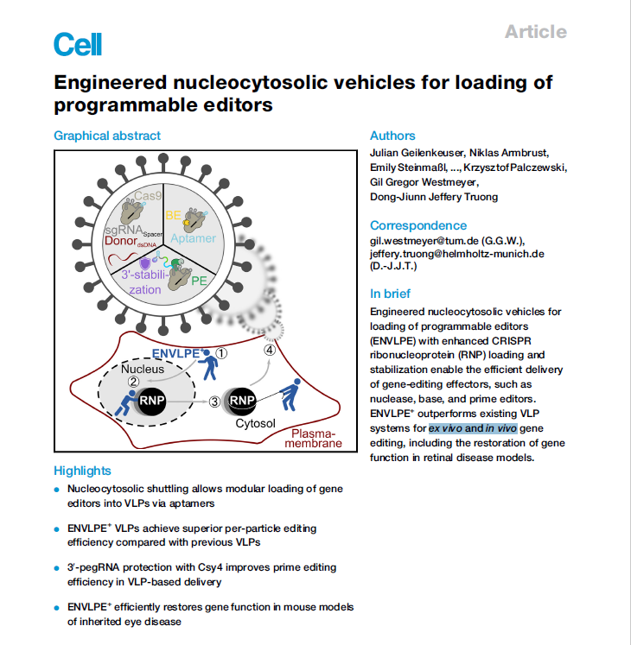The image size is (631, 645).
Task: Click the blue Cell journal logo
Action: (78, 44)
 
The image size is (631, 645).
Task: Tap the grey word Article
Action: (536, 32)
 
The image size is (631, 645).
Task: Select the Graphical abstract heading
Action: (107, 136)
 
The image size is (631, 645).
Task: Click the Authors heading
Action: (392, 136)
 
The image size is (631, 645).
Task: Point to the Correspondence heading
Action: (418, 225)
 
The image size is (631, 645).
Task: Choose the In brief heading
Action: (390, 294)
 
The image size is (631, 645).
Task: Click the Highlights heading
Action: (82, 471)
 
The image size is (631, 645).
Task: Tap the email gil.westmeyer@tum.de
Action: (424, 241)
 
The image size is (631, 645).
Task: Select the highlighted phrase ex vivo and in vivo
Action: (473, 428)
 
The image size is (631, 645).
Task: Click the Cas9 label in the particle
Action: (148, 195)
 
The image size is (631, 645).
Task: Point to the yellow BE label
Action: (173, 215)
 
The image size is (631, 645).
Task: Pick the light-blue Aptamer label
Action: (193, 238)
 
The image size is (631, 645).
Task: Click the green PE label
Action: (199, 281)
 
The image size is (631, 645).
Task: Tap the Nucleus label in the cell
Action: (143, 369)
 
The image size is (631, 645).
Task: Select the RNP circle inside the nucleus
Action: (151, 401)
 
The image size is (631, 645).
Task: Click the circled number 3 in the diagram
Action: (214, 402)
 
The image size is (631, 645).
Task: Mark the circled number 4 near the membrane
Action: (270, 350)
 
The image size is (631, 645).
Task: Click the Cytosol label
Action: (255, 423)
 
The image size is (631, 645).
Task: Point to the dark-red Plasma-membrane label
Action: (314, 439)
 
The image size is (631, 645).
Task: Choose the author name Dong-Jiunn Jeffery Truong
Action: (434, 197)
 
